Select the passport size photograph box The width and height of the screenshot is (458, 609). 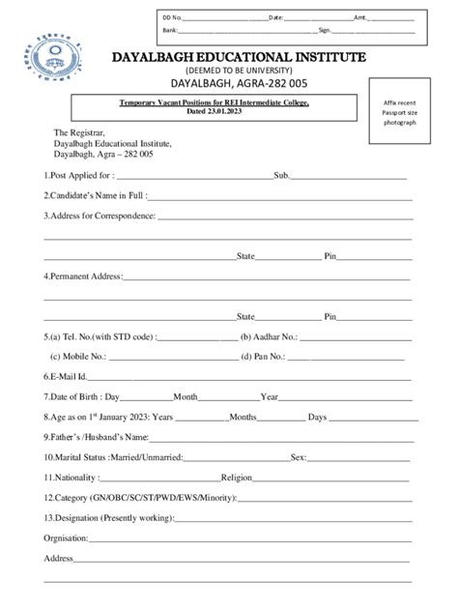tap(399, 114)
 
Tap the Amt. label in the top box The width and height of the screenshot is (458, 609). tap(360, 18)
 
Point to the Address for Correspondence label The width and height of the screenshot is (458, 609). tap(100, 216)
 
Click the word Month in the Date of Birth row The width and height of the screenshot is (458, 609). tap(186, 396)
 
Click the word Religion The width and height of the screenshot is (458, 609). tap(237, 477)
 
